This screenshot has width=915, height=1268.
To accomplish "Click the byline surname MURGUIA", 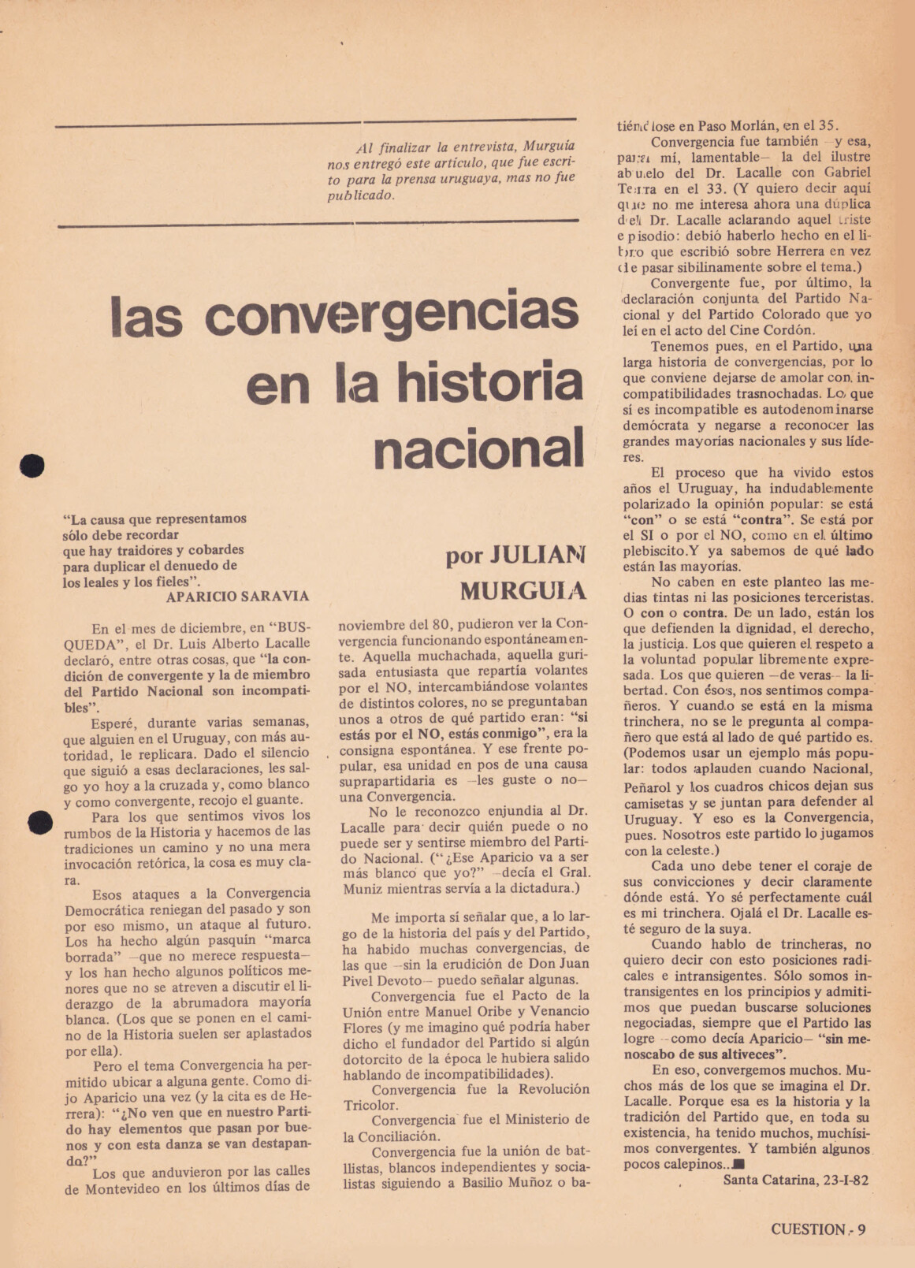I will tap(523, 589).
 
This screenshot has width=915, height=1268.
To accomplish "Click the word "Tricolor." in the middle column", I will tap(371, 1106).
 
